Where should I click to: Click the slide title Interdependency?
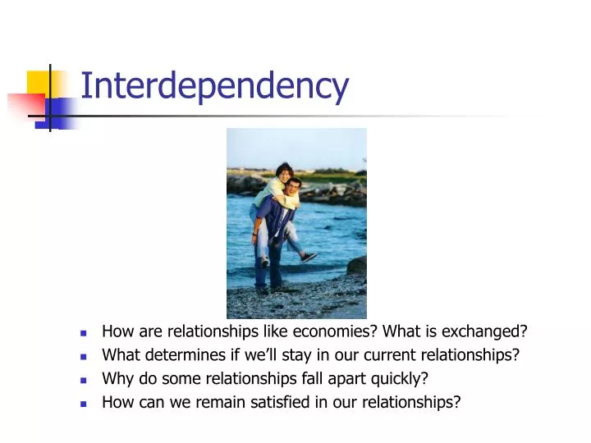coord(215,85)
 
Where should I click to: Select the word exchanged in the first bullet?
coord(490,331)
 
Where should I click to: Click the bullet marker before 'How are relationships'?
coord(84,333)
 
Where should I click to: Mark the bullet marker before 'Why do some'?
coord(84,380)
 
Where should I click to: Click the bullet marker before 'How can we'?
coord(84,404)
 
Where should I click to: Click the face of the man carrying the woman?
coord(292,188)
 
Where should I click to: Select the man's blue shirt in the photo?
coord(276,217)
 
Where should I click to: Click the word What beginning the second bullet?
coord(119,355)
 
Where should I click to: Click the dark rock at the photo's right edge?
coord(358,265)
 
